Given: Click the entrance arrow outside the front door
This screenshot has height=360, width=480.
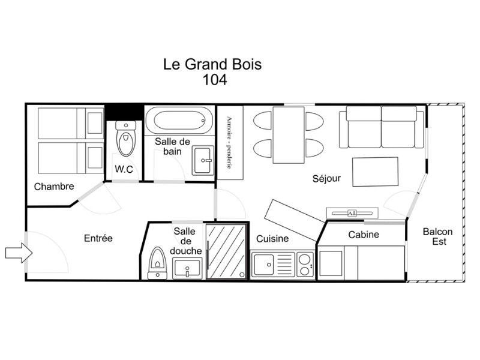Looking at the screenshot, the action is coord(19,253).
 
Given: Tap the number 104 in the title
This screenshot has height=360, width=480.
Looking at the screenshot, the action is coord(215,80).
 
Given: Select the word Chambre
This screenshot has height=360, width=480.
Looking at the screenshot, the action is coord(54,187).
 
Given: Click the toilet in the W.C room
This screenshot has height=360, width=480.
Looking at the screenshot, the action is coord(126,139).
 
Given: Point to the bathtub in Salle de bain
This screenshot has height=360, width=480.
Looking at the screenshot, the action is coord(179,121).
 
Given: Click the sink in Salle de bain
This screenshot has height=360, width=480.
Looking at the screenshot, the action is coord(203,160).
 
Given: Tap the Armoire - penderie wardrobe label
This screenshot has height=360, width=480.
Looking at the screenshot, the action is coord(229,142).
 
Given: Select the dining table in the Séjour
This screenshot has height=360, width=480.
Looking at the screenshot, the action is coord(289,135).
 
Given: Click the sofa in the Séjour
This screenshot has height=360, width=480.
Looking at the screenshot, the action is coord(382,127).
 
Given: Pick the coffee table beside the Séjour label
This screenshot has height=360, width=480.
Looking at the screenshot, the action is coord(376,172).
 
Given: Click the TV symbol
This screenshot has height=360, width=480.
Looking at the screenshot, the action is coord(352,213).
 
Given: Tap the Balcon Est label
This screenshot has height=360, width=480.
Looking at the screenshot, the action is coord(438,236).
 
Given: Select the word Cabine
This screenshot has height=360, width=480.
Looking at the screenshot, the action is coord(364,235).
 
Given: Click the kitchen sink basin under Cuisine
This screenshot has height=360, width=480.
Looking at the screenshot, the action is coord(264,265).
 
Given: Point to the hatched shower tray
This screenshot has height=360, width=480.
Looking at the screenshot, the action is coord(226,251).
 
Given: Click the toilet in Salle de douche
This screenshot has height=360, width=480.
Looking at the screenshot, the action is coord(157,263).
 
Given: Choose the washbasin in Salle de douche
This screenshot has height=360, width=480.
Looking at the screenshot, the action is coord(187,268).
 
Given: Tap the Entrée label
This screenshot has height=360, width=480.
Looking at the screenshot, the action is coord(98,238).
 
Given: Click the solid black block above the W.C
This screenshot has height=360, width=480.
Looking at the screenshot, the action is coord(124,112).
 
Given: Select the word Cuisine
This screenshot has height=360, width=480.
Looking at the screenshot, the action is coord(272,238).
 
